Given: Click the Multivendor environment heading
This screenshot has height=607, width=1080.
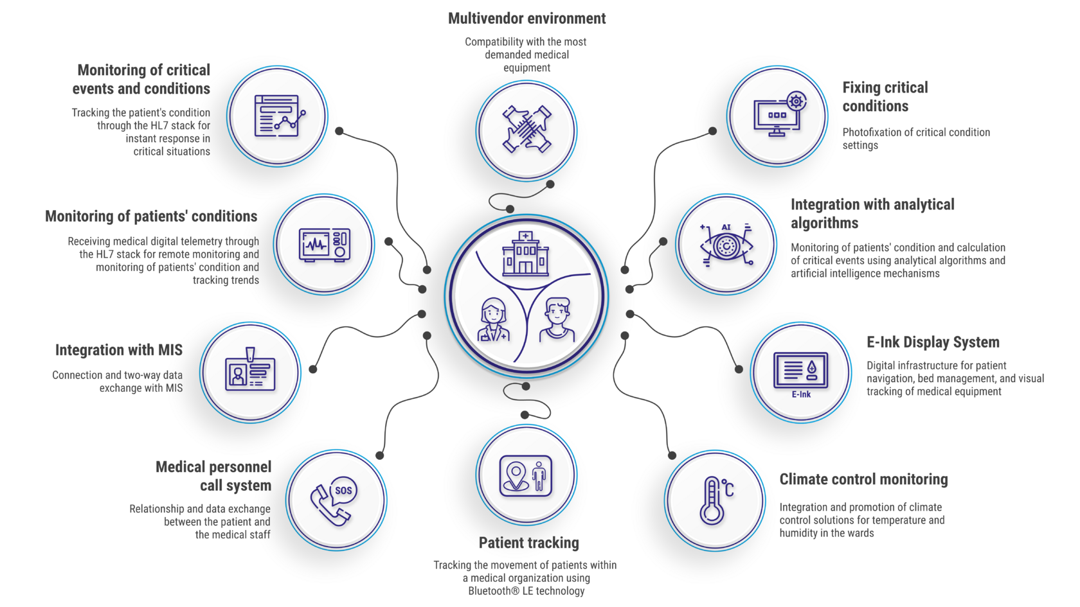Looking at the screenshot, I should coord(526,19).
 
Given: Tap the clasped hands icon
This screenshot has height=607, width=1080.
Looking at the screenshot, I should coord(526,130).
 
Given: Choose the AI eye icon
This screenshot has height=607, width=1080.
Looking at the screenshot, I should coord(726,245).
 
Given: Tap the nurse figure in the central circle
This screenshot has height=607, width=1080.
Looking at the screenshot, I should coord(493,319).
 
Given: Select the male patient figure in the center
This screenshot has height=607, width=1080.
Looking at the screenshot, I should coord(557,319).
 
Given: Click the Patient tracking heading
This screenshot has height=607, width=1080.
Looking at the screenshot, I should coord(528,543).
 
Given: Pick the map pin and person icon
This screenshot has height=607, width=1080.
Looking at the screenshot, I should coord(526,476).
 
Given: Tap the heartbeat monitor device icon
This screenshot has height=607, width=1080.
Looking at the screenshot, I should coord(325,245).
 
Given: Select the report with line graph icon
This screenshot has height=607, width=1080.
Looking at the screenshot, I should coord(278,116).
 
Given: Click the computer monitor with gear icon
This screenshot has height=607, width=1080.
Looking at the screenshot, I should coord(779,114).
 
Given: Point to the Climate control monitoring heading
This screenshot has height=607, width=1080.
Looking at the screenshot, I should coord(863,479).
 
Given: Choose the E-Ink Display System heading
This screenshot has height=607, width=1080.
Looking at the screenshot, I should coord(933,342).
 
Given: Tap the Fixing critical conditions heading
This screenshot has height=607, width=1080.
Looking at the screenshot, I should coord(885,96).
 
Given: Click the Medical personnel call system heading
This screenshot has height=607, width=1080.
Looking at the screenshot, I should coord(213,476).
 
